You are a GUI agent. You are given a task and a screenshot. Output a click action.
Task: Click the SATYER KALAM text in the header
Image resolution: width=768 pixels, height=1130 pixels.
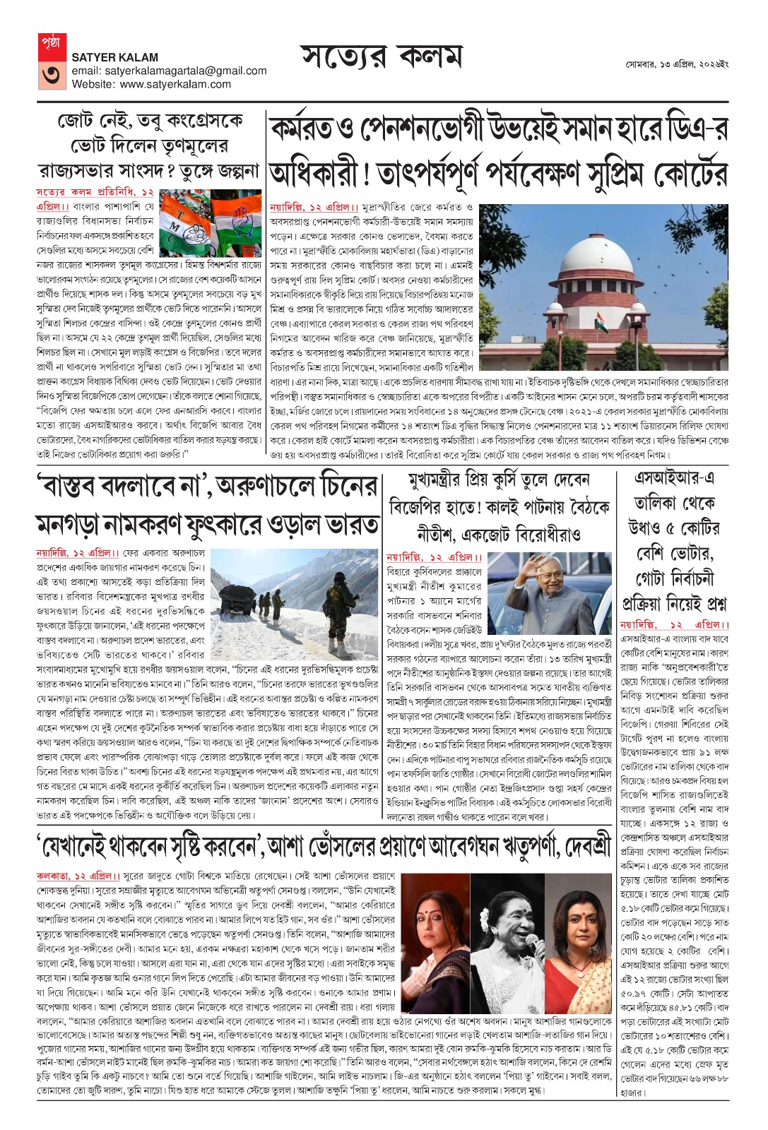pos(114,57)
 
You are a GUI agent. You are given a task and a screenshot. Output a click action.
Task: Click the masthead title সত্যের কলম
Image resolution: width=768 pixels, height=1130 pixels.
pos(382,56)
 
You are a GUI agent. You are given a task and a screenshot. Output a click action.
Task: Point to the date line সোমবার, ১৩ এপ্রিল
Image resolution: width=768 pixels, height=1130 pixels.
pos(676,64)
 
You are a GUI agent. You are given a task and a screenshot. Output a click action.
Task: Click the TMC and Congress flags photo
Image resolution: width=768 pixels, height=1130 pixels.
pos(211,223)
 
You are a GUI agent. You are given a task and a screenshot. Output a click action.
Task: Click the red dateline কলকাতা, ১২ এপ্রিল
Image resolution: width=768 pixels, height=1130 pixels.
pos(78,876)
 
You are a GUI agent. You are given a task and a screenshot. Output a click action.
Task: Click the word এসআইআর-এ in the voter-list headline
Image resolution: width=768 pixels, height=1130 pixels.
pos(674,478)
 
